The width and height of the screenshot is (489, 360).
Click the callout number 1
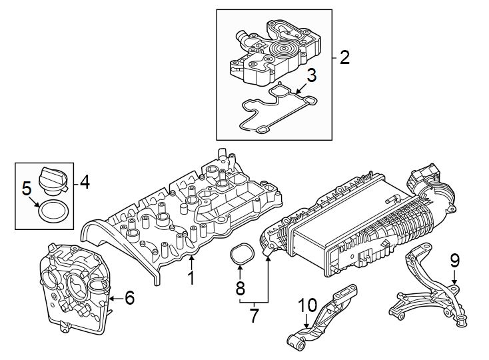pos(191,277)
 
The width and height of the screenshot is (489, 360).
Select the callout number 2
pos(344,58)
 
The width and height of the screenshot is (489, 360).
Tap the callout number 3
pos(311,75)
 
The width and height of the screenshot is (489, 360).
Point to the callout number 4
pos(85,182)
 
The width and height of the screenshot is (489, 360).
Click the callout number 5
pos(27,189)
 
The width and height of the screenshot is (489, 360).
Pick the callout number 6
pos(129,297)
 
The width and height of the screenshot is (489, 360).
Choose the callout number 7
pos(254,315)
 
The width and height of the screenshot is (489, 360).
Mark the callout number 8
pos(240,288)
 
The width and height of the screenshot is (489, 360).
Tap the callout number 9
pos(454,261)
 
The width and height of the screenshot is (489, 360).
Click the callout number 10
pos(307,305)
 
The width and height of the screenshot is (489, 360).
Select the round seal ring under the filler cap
pos(53,211)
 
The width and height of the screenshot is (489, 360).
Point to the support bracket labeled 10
pos(321,318)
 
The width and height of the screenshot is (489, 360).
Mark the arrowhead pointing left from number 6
pos(112,299)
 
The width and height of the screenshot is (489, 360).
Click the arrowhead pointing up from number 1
pos(191,258)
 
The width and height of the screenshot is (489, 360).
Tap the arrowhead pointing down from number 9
pos(454,281)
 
